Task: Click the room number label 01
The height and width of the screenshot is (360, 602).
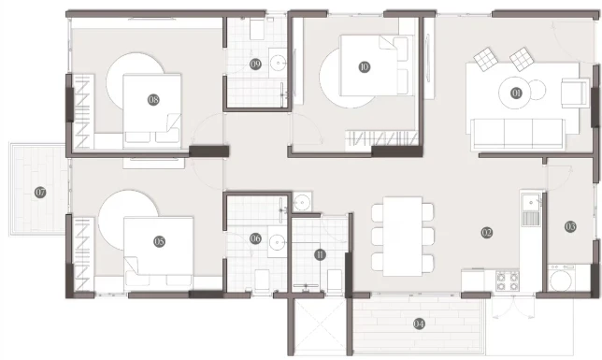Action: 516,93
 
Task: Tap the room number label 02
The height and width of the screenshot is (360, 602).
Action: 486,232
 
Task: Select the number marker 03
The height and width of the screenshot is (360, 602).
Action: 570,226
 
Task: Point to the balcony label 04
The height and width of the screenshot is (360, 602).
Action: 419,324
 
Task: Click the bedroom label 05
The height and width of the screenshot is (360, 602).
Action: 159,241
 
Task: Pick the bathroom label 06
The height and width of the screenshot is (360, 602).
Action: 255,238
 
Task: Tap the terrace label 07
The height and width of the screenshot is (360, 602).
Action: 40,192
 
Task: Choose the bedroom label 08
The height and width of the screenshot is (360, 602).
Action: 153,100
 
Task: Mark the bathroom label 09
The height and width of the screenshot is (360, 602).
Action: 255,65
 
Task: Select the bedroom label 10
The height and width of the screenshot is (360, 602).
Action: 364,66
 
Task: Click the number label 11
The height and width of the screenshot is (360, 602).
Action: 320,254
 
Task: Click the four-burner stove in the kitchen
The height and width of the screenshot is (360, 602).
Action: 508,281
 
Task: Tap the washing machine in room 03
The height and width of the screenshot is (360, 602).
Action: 561,278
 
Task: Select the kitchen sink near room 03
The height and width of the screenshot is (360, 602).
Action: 531,209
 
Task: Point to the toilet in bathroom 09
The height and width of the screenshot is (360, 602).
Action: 257,29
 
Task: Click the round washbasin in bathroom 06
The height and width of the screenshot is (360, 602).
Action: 278,242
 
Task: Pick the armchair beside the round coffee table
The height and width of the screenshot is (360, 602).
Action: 574,93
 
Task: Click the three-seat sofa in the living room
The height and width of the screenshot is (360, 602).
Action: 518,134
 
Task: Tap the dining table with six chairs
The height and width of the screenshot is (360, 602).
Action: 402,237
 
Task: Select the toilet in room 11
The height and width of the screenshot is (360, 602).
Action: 334,281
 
